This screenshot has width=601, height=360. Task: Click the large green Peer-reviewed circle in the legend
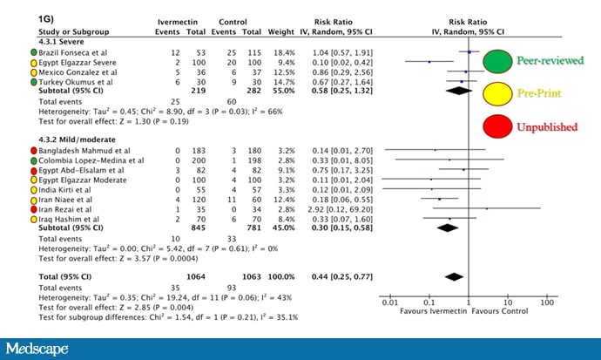click(496, 62)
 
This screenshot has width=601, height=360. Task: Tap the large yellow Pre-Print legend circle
click(496, 92)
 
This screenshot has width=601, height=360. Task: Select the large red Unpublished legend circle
click(496, 126)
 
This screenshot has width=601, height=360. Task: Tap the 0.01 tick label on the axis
click(389, 302)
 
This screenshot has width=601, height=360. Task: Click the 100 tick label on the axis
click(547, 302)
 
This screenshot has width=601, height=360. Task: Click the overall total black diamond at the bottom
click(453, 276)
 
